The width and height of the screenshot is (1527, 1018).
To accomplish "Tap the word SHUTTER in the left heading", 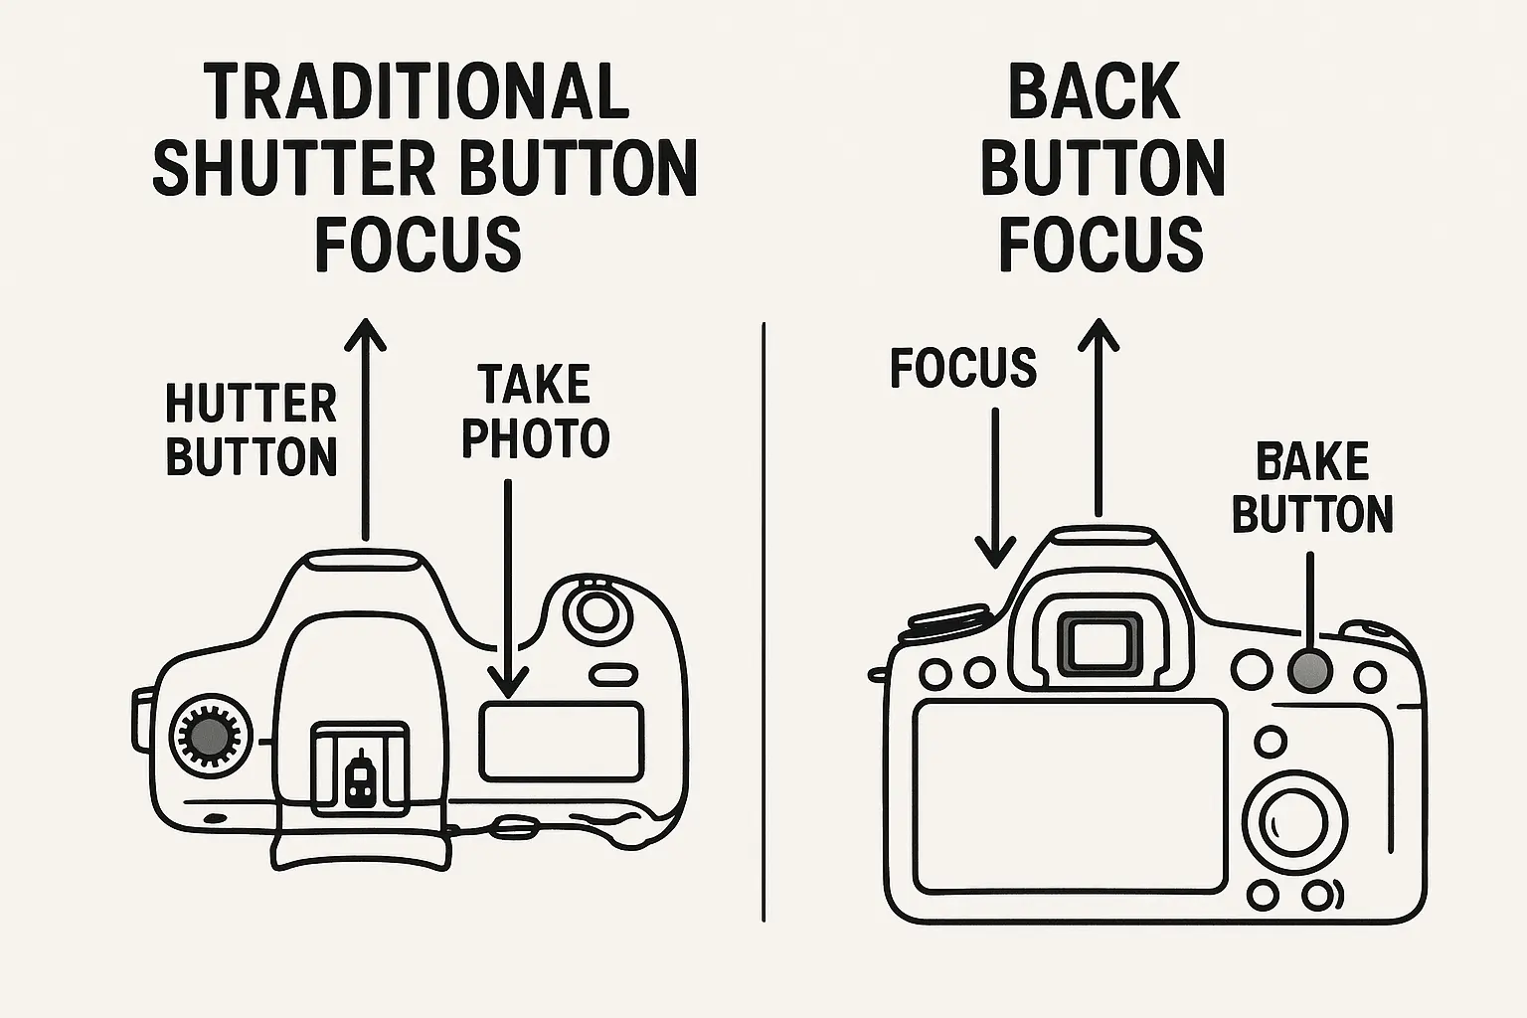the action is [294, 168].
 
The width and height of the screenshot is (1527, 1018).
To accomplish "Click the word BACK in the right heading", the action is [1095, 92].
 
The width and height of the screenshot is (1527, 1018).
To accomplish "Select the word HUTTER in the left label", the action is [251, 404].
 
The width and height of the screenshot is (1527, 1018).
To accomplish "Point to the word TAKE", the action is [535, 385].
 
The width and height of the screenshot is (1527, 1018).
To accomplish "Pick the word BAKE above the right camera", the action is [1312, 462].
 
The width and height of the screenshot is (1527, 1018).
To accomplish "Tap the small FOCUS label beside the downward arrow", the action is [963, 368].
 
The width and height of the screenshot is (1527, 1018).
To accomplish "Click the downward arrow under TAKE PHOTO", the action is [509, 588].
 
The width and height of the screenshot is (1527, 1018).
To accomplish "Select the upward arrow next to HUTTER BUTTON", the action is [366, 428].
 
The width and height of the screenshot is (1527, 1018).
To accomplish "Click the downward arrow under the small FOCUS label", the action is [995, 487].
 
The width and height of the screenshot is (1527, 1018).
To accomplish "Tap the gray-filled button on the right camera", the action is [1310, 670].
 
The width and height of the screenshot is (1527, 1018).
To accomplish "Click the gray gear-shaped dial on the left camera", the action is [210, 737].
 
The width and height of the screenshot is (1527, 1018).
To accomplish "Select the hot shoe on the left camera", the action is [360, 769].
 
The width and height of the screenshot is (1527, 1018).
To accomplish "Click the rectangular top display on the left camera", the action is [562, 742].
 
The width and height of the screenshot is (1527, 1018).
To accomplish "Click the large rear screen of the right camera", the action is [1070, 795].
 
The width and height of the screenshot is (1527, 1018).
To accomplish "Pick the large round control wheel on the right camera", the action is [1293, 823].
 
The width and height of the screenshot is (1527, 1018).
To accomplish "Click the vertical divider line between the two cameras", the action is [763, 622].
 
